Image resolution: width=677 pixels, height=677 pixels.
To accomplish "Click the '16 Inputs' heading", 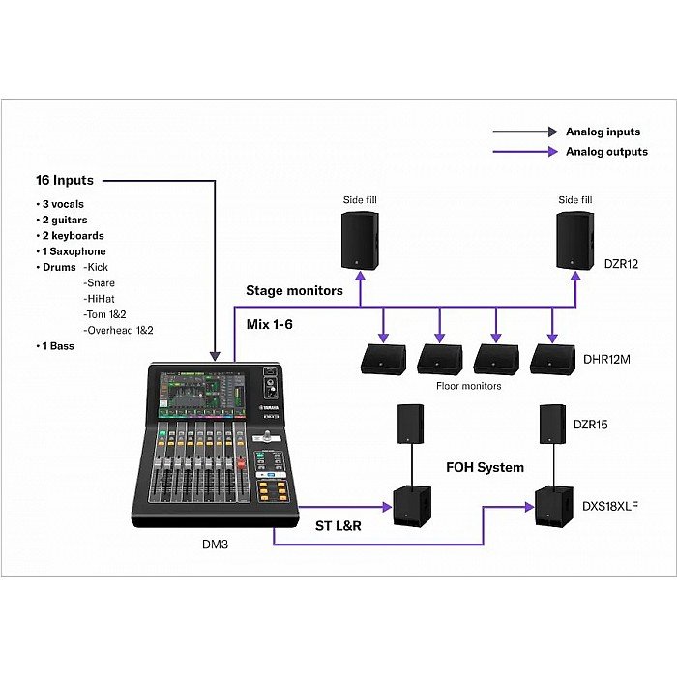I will coord(65,181).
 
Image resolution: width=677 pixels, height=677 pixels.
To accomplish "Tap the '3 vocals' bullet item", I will coord(67,204).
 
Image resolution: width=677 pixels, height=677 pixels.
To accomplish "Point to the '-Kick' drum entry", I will coord(98,267).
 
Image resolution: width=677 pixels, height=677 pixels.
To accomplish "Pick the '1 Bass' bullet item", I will coord(58,345).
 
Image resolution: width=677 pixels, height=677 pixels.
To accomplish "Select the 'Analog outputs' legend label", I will coord(608,152).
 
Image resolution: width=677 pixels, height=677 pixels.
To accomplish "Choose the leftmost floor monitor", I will coord(382,359).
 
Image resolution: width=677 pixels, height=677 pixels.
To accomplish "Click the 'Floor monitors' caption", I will coord(468,386).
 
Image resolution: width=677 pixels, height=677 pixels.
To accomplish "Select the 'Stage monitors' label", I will coord(294,290).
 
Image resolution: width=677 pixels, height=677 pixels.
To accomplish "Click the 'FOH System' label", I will coord(485,468).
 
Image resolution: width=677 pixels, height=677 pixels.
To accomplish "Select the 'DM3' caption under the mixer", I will coord(215,545).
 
